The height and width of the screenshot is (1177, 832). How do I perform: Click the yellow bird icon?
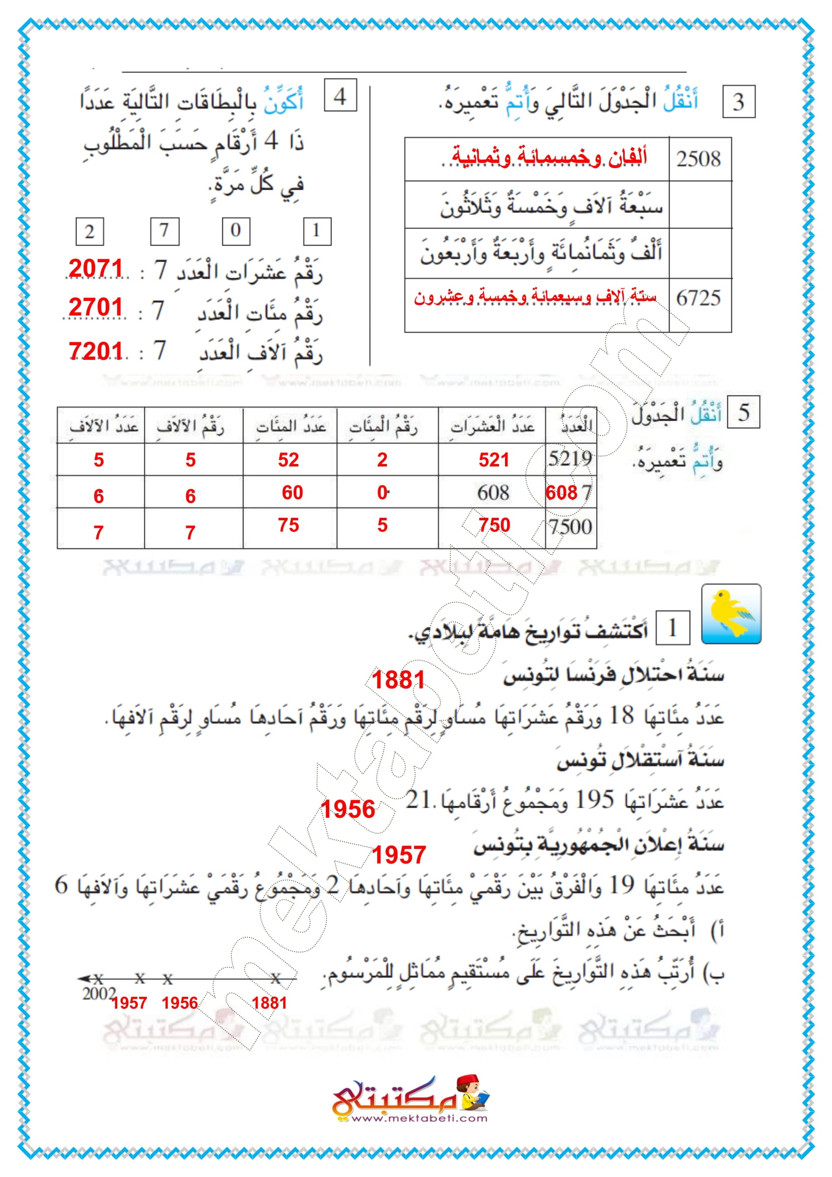tap(731, 613)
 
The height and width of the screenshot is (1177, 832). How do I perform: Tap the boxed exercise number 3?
tap(738, 102)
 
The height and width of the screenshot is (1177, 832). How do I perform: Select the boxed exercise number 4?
tap(340, 95)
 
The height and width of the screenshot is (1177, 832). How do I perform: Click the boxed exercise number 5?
tap(744, 412)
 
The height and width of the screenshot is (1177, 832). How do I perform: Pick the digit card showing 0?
tap(235, 230)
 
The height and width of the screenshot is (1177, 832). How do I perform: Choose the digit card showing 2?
tap(90, 231)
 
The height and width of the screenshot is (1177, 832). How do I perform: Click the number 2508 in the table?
tap(699, 159)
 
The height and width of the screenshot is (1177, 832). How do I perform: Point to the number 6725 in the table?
tap(699, 298)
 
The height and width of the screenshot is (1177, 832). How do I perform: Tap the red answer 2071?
tap(96, 269)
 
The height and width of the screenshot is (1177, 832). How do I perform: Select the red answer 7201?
tap(96, 351)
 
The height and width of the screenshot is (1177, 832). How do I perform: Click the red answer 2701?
tap(96, 307)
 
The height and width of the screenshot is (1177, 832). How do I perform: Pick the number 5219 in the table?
tap(570, 458)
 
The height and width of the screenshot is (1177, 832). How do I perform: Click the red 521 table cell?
tap(494, 460)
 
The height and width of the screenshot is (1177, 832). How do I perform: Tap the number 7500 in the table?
tap(570, 526)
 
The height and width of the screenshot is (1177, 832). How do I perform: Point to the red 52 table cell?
tap(288, 460)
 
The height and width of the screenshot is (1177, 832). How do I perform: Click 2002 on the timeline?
tap(99, 993)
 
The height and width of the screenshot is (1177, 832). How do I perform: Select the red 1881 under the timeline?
tap(270, 1003)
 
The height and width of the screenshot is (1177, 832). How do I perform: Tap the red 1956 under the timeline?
tap(180, 1003)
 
